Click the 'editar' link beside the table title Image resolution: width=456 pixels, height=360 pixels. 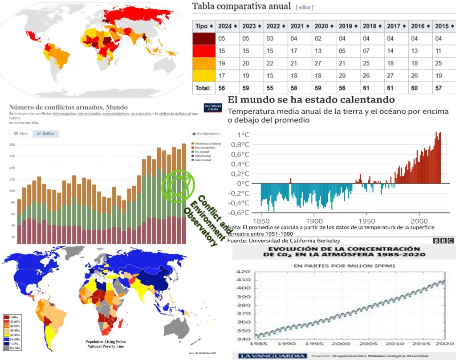coord(305,8)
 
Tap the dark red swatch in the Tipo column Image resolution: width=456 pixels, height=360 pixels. coord(204,39)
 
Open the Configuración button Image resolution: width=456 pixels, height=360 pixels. coord(205,134)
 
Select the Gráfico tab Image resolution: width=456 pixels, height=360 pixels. coord(46,134)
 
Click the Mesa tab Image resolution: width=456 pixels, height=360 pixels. coord(21,134)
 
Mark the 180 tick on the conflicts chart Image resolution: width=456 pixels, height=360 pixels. coord(12,145)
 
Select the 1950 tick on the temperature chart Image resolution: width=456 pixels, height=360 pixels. coord(366,221)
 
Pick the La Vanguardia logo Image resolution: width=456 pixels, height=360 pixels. coord(266,356)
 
